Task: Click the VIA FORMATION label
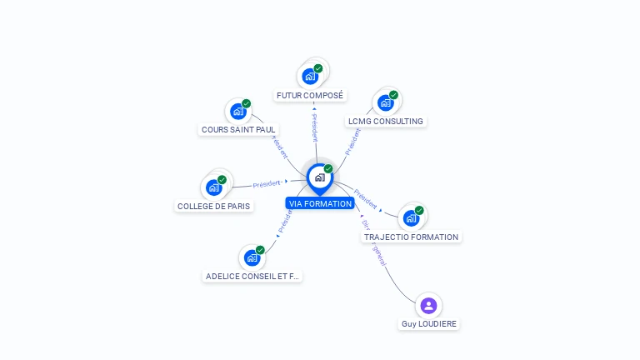[x=319, y=203]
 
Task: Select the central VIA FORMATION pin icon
[x=319, y=177]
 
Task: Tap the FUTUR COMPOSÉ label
[x=310, y=96]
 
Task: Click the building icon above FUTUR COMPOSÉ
[x=310, y=76]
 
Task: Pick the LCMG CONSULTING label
[x=386, y=122]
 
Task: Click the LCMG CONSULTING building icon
[x=385, y=102]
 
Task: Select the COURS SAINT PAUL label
[x=238, y=130]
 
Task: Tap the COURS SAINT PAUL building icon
[x=238, y=111]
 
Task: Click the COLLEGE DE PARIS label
[x=214, y=206]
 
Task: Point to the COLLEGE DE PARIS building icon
[x=214, y=187]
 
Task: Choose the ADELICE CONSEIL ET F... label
[x=252, y=276]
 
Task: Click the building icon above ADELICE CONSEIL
[x=252, y=257]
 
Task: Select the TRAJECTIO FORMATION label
[x=411, y=237]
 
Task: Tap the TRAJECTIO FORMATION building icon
[x=411, y=217]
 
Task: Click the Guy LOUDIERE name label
[x=429, y=323]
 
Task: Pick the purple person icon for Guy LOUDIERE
[x=428, y=305]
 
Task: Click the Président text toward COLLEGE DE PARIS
[x=267, y=183]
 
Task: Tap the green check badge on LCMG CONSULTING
[x=393, y=95]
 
